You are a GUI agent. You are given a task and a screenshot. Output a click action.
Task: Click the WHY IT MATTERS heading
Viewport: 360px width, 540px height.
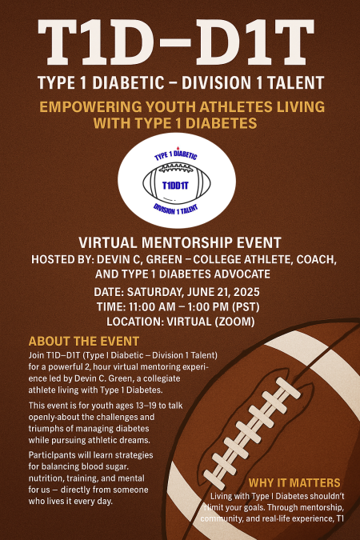pos(294,482)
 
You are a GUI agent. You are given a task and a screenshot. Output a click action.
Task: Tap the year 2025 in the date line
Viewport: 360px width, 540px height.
pos(257,292)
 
